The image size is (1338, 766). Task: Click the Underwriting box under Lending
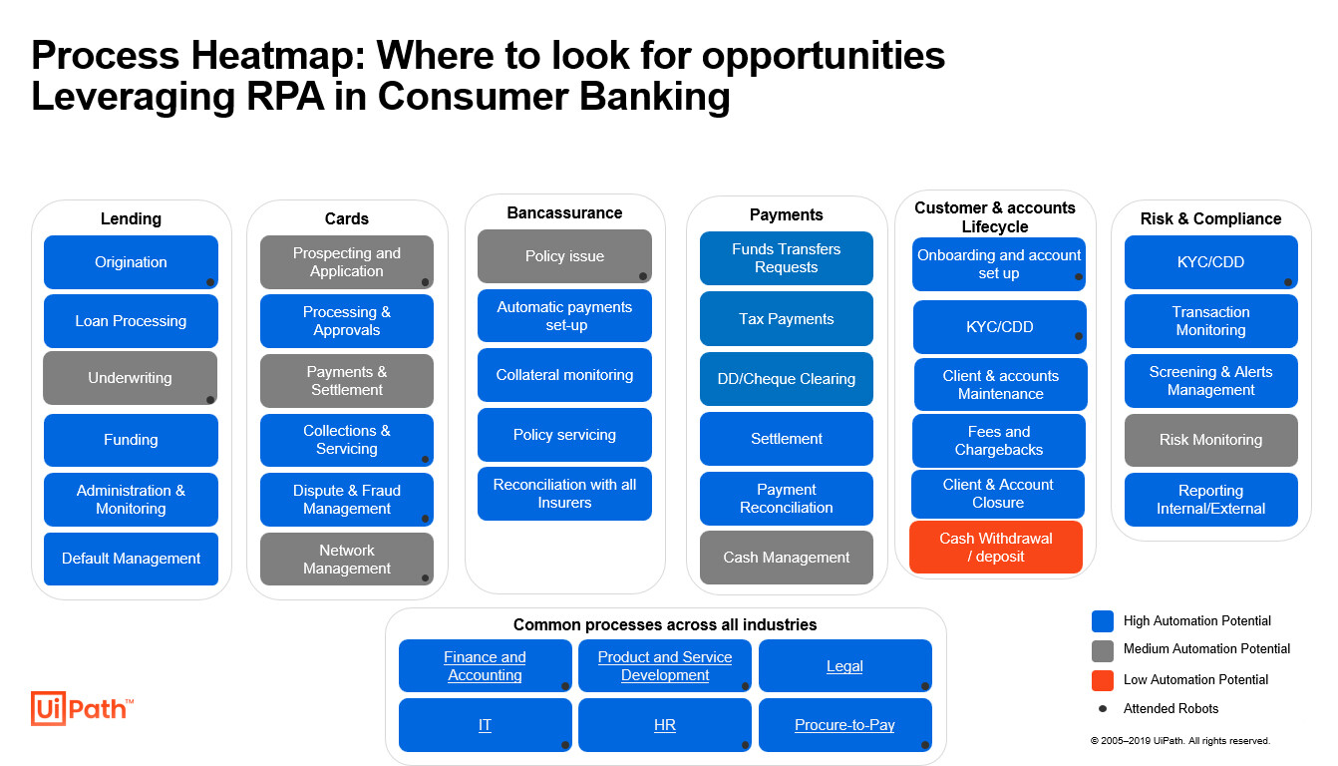[130, 378]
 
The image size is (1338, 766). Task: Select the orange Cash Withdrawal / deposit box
[995, 548]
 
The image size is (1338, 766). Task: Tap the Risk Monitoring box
[1210, 440]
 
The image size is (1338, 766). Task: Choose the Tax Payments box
[786, 319]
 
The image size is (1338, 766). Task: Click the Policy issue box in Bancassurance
[564, 256]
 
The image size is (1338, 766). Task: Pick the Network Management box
[346, 560]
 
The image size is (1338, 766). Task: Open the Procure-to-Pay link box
[844, 725]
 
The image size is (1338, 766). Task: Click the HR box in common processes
[664, 725]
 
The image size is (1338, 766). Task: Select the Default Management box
[131, 559]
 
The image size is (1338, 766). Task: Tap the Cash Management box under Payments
[786, 558]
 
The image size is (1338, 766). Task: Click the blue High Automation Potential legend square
[1102, 621]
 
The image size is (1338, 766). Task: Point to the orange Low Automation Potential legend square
[1102, 680]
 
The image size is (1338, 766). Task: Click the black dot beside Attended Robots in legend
[1102, 709]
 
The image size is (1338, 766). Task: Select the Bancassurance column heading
[564, 212]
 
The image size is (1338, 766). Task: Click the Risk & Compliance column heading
[1210, 218]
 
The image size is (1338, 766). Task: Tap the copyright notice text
[1179, 741]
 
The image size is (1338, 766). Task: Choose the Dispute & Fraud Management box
[346, 500]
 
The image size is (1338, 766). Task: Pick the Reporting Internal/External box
[1210, 500]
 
